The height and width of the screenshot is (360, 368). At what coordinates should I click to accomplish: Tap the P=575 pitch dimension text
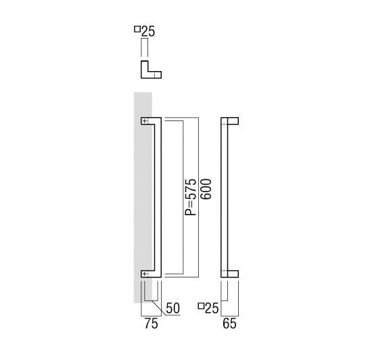190,198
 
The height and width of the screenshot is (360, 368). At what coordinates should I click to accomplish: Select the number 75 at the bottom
151,323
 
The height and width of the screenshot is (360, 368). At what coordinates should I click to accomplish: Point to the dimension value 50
172,308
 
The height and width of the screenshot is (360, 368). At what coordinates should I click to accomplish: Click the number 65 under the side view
229,323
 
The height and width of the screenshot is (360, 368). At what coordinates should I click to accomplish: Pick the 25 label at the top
148,31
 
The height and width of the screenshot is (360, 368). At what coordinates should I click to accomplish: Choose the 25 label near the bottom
212,308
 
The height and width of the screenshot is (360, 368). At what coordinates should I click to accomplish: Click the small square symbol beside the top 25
137,29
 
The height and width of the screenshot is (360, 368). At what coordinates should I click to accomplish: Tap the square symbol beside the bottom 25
201,306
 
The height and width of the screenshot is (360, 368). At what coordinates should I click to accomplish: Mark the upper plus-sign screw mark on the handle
145,121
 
